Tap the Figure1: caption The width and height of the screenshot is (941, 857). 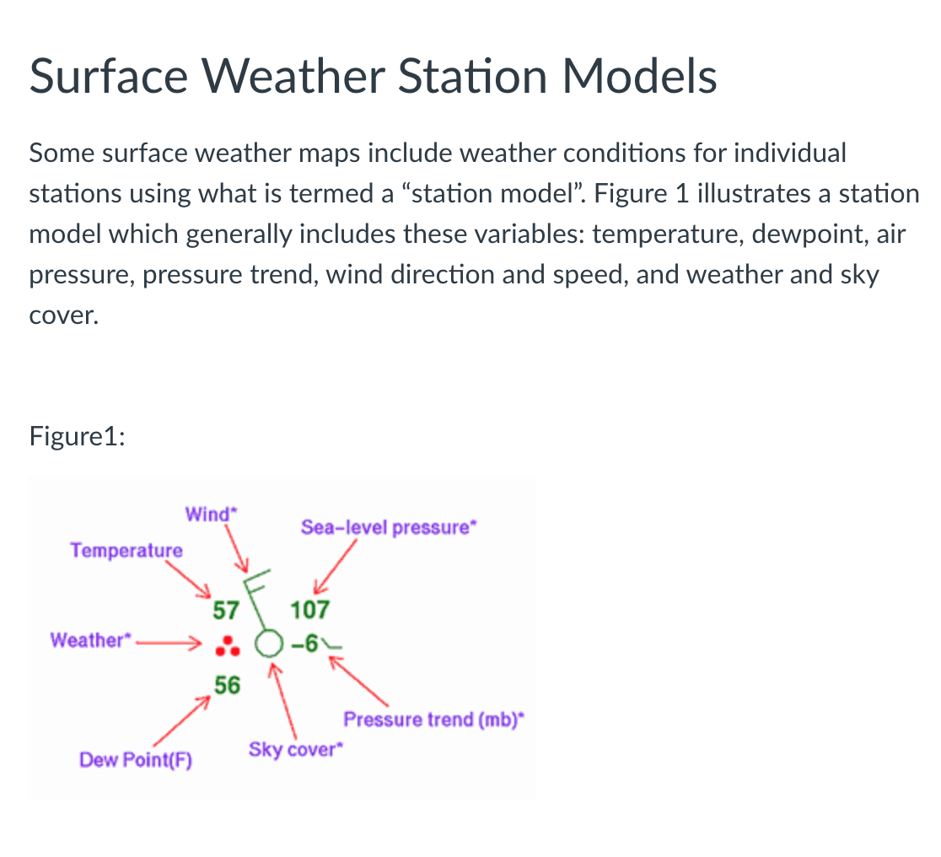pyautogui.click(x=78, y=437)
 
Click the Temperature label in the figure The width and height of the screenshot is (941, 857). pyautogui.click(x=126, y=551)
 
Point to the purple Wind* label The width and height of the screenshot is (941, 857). pyautogui.click(x=207, y=514)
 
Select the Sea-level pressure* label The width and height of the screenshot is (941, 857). pyautogui.click(x=389, y=528)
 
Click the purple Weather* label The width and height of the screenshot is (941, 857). pyautogui.click(x=88, y=639)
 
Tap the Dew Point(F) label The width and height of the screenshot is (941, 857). pyautogui.click(x=136, y=760)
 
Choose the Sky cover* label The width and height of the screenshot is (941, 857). pyautogui.click(x=298, y=749)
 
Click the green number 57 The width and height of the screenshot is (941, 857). pyautogui.click(x=227, y=609)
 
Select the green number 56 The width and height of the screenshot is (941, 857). pyautogui.click(x=227, y=685)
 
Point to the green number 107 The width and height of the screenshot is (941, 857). pyautogui.click(x=309, y=609)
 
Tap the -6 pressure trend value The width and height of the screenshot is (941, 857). pyautogui.click(x=304, y=645)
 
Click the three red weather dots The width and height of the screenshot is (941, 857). pyautogui.click(x=225, y=646)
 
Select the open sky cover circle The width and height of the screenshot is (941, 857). pyautogui.click(x=266, y=644)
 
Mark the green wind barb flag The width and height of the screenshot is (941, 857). pyautogui.click(x=255, y=581)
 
